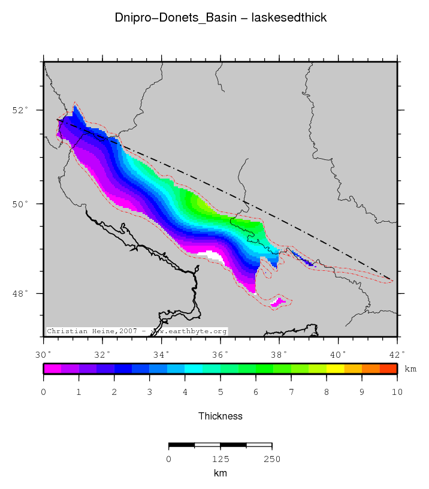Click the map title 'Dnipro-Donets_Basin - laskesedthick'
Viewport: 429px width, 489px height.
tap(220, 18)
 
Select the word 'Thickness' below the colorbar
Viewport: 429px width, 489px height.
tap(220, 416)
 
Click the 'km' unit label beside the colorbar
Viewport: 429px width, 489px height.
tap(410, 369)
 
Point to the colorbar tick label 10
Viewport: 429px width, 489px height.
tap(397, 393)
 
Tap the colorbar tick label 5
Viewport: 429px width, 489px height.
tap(220, 393)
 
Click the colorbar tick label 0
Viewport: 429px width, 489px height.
tap(44, 393)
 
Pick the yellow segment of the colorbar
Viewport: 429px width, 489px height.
tap(335, 369)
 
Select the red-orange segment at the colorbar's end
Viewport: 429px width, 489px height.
tap(388, 369)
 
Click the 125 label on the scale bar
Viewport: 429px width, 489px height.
tap(220, 459)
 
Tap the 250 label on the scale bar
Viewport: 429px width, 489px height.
tap(272, 459)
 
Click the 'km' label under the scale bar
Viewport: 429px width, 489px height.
tap(220, 473)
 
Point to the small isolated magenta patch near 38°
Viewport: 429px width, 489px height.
tap(277, 304)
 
